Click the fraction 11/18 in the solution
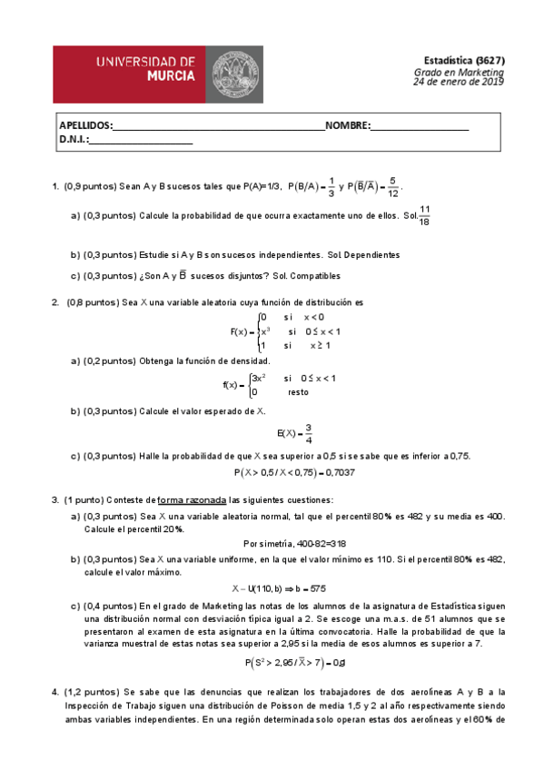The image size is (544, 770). (425, 216)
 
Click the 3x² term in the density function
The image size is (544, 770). (258, 378)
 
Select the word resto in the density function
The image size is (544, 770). (297, 392)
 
